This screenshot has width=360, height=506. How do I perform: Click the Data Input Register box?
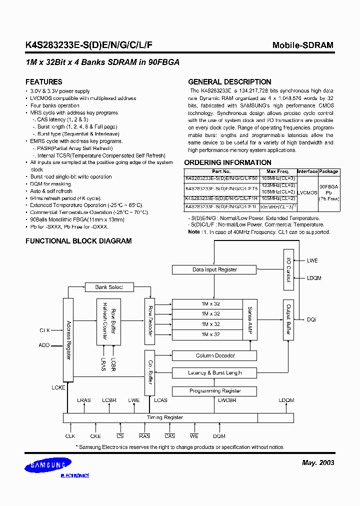coord(214,269)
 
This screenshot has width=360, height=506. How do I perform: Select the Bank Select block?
coord(109,287)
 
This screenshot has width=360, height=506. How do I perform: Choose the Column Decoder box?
coord(214,356)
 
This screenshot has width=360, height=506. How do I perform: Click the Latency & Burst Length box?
coord(214,373)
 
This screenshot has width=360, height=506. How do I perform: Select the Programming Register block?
coord(214,391)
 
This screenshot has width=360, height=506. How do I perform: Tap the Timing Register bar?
coord(164,417)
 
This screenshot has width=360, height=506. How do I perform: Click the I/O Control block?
coord(288,270)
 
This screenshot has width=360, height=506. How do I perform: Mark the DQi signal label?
coord(311,319)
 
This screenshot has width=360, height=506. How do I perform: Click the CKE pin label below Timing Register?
coord(95,436)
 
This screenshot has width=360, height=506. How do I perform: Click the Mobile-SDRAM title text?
coord(302,45)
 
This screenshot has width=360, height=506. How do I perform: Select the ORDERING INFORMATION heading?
coord(227,162)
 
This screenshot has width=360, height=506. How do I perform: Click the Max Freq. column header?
coord(277,171)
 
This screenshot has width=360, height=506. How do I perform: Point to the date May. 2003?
coord(318,462)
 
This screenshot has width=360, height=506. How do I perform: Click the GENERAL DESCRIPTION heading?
coord(229,82)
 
